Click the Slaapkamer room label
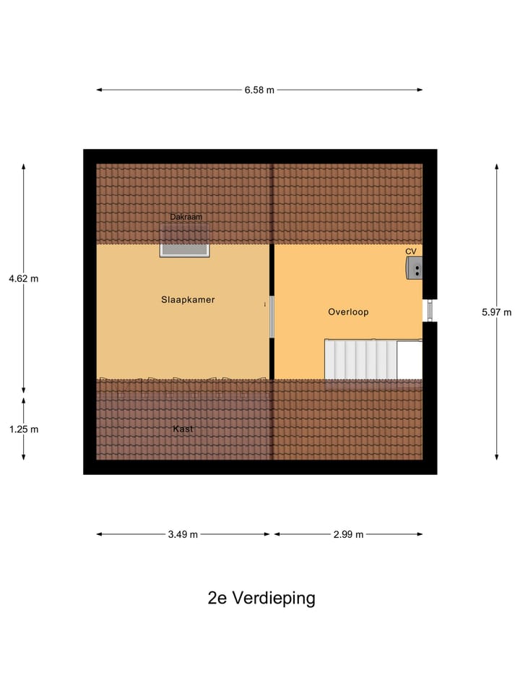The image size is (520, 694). click(188, 299)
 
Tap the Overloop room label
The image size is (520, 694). click(348, 312)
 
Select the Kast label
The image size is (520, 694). click(183, 429)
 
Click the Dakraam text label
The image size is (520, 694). click(186, 217)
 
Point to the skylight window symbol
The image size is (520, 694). click(185, 248)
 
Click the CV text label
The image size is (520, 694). click(411, 252)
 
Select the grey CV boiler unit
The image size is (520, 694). click(414, 268)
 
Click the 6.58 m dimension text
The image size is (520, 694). click(259, 90)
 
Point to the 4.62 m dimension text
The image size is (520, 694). click(24, 278)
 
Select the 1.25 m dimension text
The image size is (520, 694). click(24, 429)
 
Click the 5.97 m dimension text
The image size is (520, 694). click(496, 312)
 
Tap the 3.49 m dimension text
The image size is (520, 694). click(183, 534)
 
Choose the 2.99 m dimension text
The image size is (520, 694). click(348, 534)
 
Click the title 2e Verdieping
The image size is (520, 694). click(261, 599)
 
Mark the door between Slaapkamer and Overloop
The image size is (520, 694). click(272, 317)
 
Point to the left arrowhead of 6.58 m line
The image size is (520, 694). click(100, 90)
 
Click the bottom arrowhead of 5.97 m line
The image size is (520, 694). click(496, 456)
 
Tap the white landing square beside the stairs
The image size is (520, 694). click(409, 359)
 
